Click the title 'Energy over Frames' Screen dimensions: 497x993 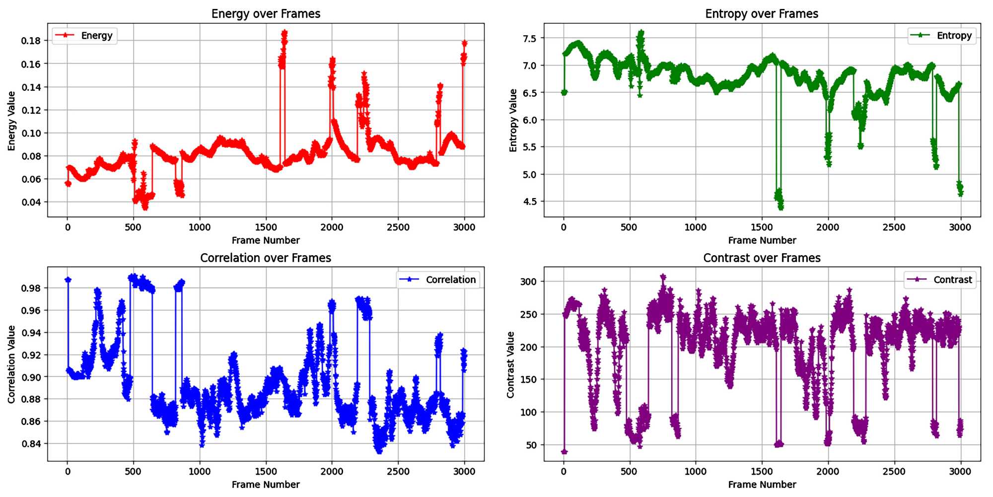click(266, 13)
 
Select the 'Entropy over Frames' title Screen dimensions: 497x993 click(762, 13)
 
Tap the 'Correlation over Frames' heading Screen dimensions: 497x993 click(266, 258)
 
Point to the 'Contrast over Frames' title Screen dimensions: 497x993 click(762, 258)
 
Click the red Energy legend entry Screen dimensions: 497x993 click(84, 35)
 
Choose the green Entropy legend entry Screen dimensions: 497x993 click(942, 35)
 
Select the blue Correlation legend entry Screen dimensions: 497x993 click(438, 280)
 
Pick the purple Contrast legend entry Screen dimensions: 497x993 click(940, 280)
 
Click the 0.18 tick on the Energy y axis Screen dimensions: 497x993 click(31, 41)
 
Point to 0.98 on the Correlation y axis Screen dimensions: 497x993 click(31, 288)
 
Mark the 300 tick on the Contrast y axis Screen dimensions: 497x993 click(528, 282)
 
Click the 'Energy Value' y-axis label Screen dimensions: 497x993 click(11, 121)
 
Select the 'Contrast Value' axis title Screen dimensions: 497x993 click(510, 364)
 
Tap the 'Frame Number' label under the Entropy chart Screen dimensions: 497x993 click(762, 240)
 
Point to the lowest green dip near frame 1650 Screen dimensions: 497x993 click(781, 207)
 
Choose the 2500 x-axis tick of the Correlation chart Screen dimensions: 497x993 click(398, 471)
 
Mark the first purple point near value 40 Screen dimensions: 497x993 click(564, 451)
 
